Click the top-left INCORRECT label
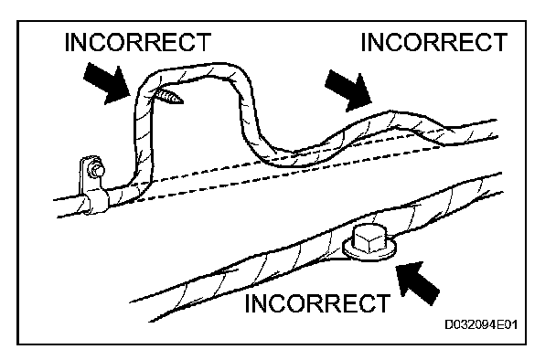pyautogui.click(x=138, y=42)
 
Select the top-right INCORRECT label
pyautogui.click(x=434, y=42)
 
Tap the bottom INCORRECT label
pyautogui.click(x=317, y=303)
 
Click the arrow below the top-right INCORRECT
pyautogui.click(x=348, y=90)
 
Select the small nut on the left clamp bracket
pyautogui.click(x=97, y=169)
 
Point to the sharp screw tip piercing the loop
pyautogui.click(x=169, y=97)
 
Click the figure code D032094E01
pyautogui.click(x=481, y=324)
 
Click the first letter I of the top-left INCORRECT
pyautogui.click(x=68, y=42)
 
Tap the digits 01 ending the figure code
pyautogui.click(x=512, y=324)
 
